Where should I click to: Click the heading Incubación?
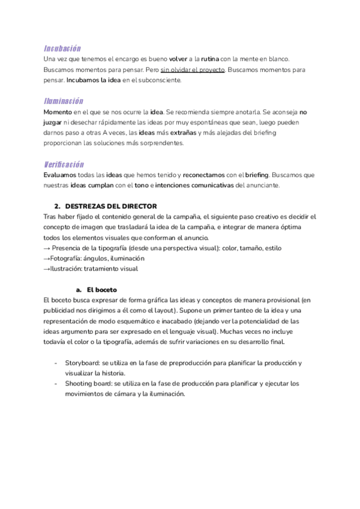point(62,48)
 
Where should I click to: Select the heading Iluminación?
point(63,101)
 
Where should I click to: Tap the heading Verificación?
point(64,164)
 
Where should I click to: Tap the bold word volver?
point(178,59)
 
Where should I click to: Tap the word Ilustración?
point(68,268)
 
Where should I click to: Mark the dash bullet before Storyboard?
point(56,363)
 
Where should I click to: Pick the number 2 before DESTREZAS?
point(56,206)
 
